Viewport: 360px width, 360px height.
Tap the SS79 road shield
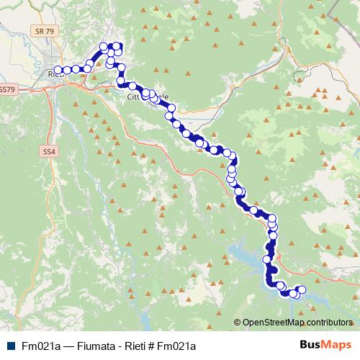point(6,90)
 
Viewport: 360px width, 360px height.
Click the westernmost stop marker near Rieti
point(58,70)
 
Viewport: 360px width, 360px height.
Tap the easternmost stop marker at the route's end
point(302,289)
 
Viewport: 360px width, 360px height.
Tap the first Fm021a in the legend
point(40,346)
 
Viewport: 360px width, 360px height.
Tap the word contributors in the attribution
point(330,323)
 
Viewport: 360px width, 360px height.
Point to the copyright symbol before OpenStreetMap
point(237,323)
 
